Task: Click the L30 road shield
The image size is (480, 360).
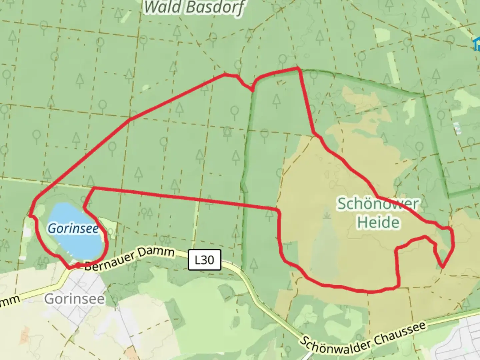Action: coord(204,260)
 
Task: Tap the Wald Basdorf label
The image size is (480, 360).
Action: coord(194,7)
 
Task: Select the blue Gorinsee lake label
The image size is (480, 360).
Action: coord(73,229)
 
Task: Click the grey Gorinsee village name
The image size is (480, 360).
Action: coord(74,299)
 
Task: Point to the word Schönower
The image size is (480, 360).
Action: coord(378,204)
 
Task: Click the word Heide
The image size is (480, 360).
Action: coord(378,223)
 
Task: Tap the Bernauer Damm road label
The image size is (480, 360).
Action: coord(129,259)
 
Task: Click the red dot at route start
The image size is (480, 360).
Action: coord(78,265)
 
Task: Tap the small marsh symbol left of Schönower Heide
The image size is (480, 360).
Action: coord(327,215)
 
